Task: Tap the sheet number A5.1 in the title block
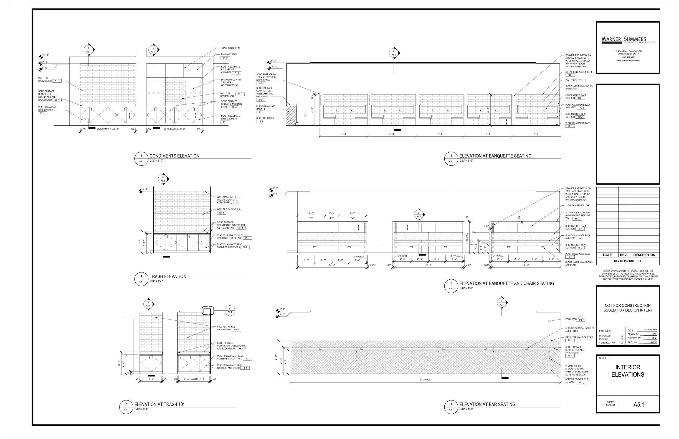pos(639,404)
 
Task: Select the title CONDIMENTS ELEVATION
pos(174,156)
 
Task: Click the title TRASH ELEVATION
pos(168,276)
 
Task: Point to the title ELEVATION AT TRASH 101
pos(160,404)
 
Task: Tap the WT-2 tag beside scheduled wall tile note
pos(581,382)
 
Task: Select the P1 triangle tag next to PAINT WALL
pos(581,320)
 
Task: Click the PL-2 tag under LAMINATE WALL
pos(225,58)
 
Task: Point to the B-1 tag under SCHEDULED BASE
pos(261,121)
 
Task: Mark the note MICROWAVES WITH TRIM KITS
pos(230,82)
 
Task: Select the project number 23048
pos(653,342)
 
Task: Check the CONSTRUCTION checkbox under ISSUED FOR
pos(622,343)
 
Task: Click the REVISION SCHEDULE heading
pos(628,261)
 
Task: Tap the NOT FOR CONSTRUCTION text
pos(627,305)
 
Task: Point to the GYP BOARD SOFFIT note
pos(228,200)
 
